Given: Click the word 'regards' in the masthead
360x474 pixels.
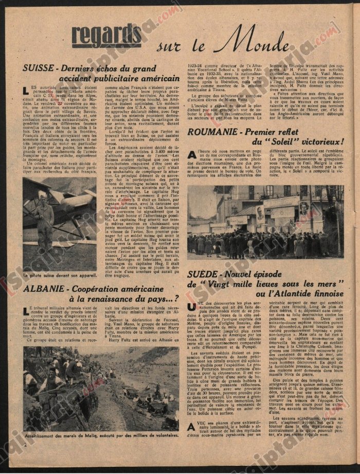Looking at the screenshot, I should point(106,36).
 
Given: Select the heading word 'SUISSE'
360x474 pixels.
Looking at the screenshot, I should point(41,67).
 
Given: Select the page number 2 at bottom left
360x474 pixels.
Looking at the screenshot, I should point(25,444).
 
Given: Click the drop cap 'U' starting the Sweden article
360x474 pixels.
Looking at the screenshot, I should point(192,320).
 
